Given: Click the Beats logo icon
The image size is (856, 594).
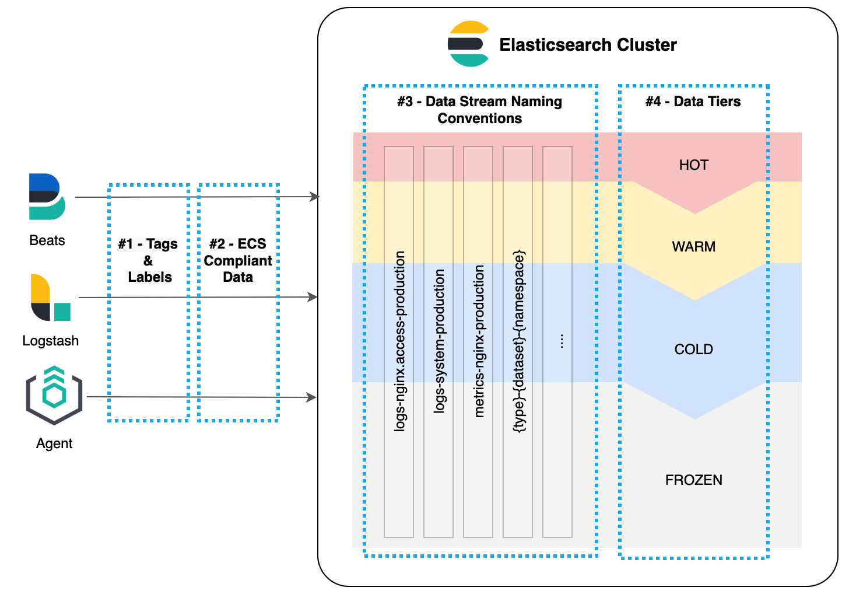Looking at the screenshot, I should (47, 197).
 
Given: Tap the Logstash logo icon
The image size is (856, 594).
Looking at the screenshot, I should (50, 298).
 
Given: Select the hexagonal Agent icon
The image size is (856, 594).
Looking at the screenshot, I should (54, 395).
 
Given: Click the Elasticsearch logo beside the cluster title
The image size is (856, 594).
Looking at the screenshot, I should (468, 44).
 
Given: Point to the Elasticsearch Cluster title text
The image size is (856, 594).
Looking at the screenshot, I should (588, 45).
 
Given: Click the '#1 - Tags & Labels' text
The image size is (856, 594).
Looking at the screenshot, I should (148, 260).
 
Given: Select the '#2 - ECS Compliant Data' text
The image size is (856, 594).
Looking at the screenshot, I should (238, 260).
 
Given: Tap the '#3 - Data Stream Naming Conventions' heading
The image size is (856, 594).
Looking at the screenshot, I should (479, 110).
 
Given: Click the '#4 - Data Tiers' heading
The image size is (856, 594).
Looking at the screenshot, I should (693, 102).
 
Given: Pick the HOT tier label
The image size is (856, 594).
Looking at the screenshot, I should (693, 165).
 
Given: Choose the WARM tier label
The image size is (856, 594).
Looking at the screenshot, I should (693, 247).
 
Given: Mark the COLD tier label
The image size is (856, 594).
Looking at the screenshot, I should (693, 350).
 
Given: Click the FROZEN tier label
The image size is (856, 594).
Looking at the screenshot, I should (693, 480).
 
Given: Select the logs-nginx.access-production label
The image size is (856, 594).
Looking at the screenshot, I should (399, 341).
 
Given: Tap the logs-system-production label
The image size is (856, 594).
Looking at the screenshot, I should (439, 341).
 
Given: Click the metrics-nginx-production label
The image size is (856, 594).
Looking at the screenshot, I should (479, 341).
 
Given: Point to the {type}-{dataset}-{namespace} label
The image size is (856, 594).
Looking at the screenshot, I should (518, 341).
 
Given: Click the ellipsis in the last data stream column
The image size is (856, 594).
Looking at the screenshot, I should (561, 341).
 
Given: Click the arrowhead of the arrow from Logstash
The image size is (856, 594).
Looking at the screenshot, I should (313, 297).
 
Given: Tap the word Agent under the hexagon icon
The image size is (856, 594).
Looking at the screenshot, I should (54, 443).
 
